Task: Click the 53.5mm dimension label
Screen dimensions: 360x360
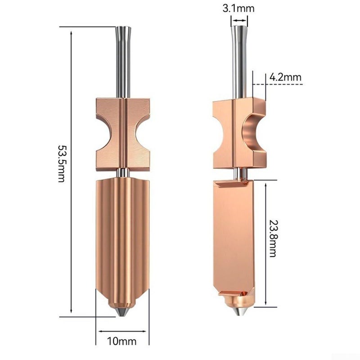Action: [x=61, y=163]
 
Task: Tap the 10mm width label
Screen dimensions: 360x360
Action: [x=121, y=342]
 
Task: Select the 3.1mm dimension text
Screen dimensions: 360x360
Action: [x=238, y=9]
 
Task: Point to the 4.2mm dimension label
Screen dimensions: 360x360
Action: [x=285, y=77]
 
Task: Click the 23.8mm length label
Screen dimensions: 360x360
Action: [x=273, y=238]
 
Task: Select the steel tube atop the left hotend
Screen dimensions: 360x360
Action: [x=123, y=62]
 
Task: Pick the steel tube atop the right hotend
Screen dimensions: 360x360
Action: [x=239, y=62]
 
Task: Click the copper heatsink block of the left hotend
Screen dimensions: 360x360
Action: [x=123, y=135]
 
